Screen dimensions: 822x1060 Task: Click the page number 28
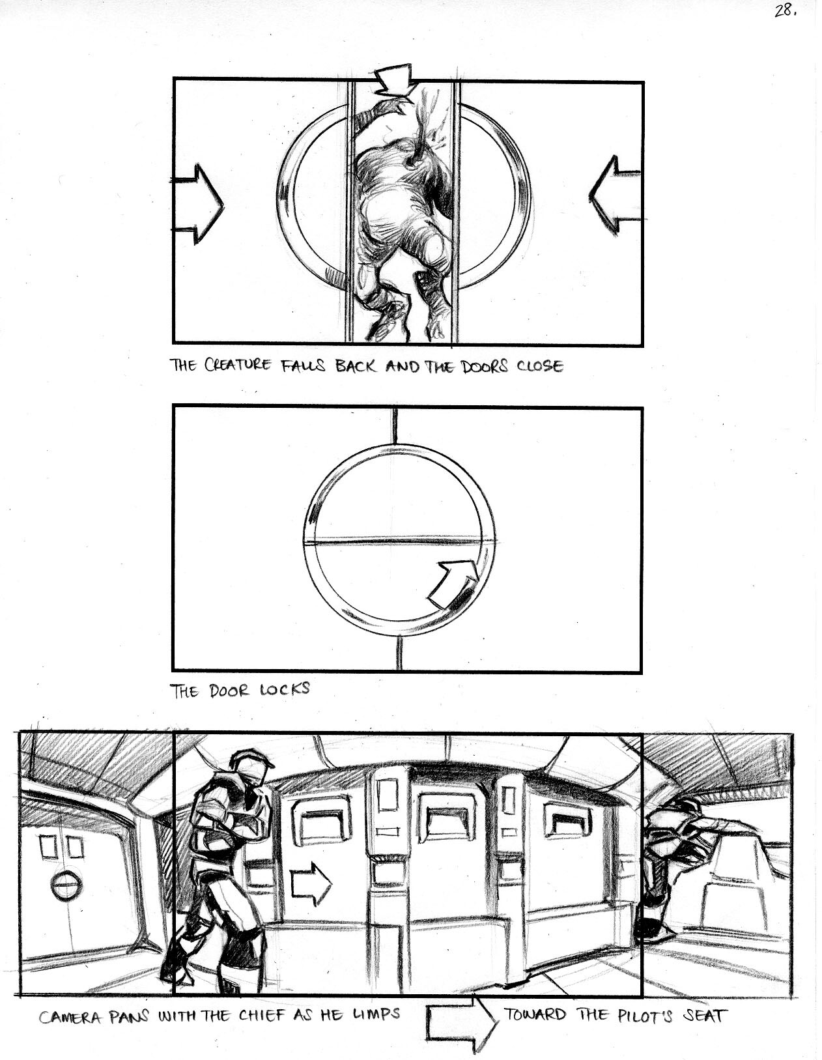pyautogui.click(x=786, y=11)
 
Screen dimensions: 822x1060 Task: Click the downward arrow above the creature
pyautogui.click(x=394, y=80)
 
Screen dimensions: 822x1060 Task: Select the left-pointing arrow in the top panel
pyautogui.click(x=614, y=196)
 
